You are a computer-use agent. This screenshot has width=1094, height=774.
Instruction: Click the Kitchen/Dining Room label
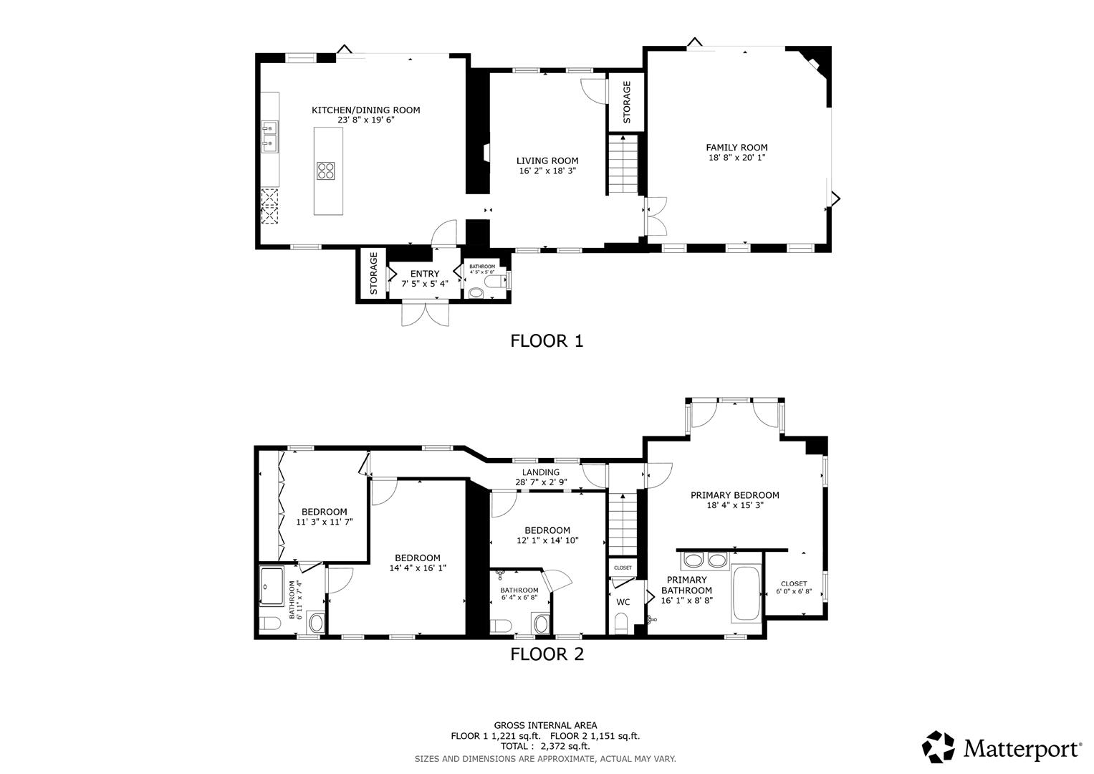(365, 110)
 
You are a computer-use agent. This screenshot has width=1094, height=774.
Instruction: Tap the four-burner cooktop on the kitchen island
(326, 171)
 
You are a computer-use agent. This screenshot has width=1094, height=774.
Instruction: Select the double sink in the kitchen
(270, 137)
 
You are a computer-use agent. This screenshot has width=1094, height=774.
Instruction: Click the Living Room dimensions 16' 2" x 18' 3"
(547, 171)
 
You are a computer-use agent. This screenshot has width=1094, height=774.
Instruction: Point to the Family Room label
(736, 148)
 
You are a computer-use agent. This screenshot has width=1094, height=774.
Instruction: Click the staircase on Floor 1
(623, 165)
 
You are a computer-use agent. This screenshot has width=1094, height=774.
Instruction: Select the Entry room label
(425, 274)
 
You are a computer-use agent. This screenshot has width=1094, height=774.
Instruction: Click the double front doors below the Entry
(426, 313)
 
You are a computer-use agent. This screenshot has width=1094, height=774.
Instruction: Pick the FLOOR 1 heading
(547, 341)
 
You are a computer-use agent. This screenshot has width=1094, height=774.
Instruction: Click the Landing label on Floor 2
(540, 472)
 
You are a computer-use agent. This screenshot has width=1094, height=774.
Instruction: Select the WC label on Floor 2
(623, 602)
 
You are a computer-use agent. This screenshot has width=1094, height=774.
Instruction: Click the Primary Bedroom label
(734, 495)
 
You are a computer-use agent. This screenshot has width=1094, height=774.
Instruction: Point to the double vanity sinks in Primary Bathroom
(704, 560)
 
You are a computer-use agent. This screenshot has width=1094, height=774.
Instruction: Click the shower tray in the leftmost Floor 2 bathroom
(273, 587)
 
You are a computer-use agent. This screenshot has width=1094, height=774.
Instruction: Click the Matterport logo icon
(939, 747)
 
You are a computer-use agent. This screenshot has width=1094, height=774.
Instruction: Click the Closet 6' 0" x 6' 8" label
(793, 583)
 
